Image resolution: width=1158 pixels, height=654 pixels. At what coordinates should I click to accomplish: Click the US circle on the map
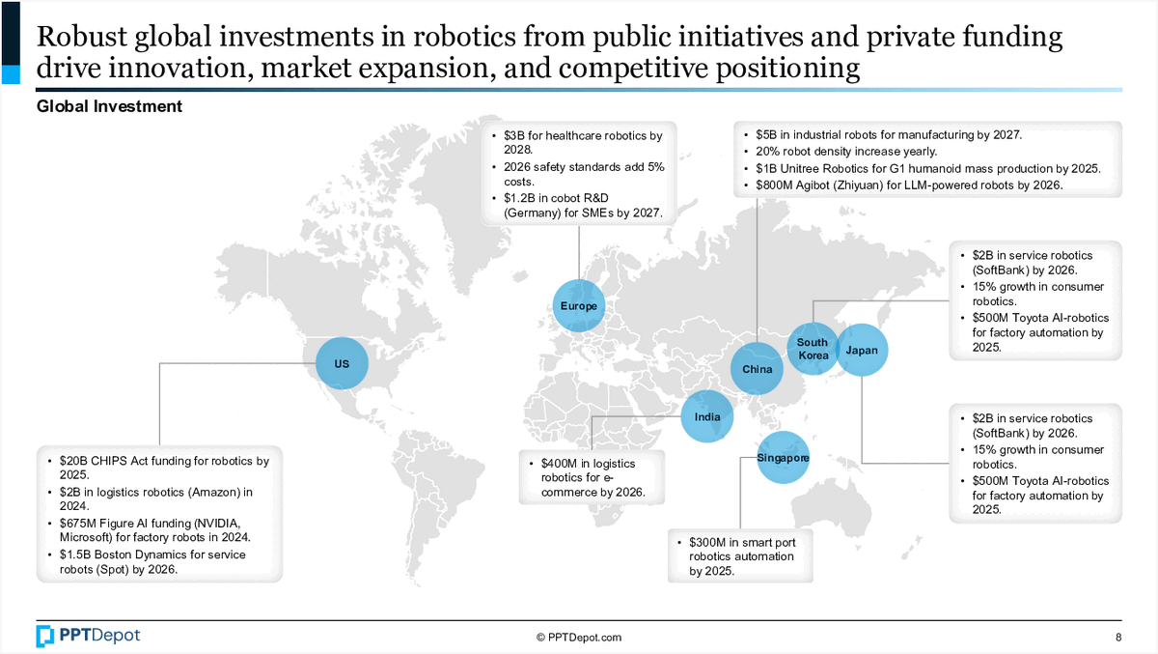[343, 363]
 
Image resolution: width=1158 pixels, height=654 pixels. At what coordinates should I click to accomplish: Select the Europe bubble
[579, 306]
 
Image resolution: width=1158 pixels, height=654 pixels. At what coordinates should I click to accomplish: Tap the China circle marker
[758, 369]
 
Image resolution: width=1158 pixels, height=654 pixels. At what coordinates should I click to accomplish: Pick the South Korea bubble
[813, 349]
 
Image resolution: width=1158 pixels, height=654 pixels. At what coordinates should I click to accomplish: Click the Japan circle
[862, 350]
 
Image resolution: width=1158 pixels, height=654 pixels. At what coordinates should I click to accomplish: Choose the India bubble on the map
[707, 416]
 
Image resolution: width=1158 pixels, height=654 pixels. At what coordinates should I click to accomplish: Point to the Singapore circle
[783, 457]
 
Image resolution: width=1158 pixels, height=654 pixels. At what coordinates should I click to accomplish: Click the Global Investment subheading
[109, 106]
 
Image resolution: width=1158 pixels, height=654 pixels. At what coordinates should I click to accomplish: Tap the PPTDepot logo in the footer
[88, 636]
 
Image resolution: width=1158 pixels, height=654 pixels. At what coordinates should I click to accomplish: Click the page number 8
[1118, 638]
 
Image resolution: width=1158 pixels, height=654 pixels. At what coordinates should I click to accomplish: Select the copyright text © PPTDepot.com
[579, 638]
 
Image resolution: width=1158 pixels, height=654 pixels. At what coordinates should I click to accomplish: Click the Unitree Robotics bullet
[927, 168]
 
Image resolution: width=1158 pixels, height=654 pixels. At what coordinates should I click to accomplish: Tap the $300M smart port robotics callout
[741, 555]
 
